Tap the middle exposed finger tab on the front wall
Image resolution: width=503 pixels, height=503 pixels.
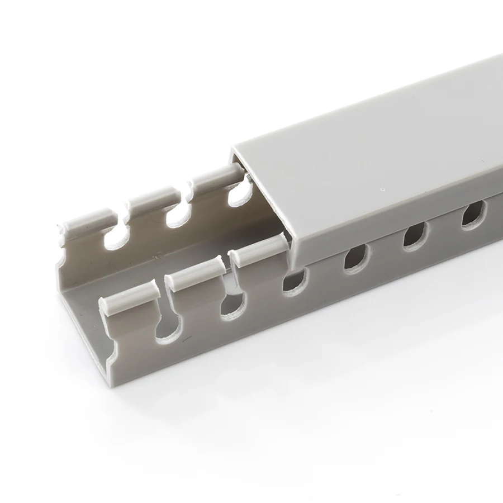coord(193,272)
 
